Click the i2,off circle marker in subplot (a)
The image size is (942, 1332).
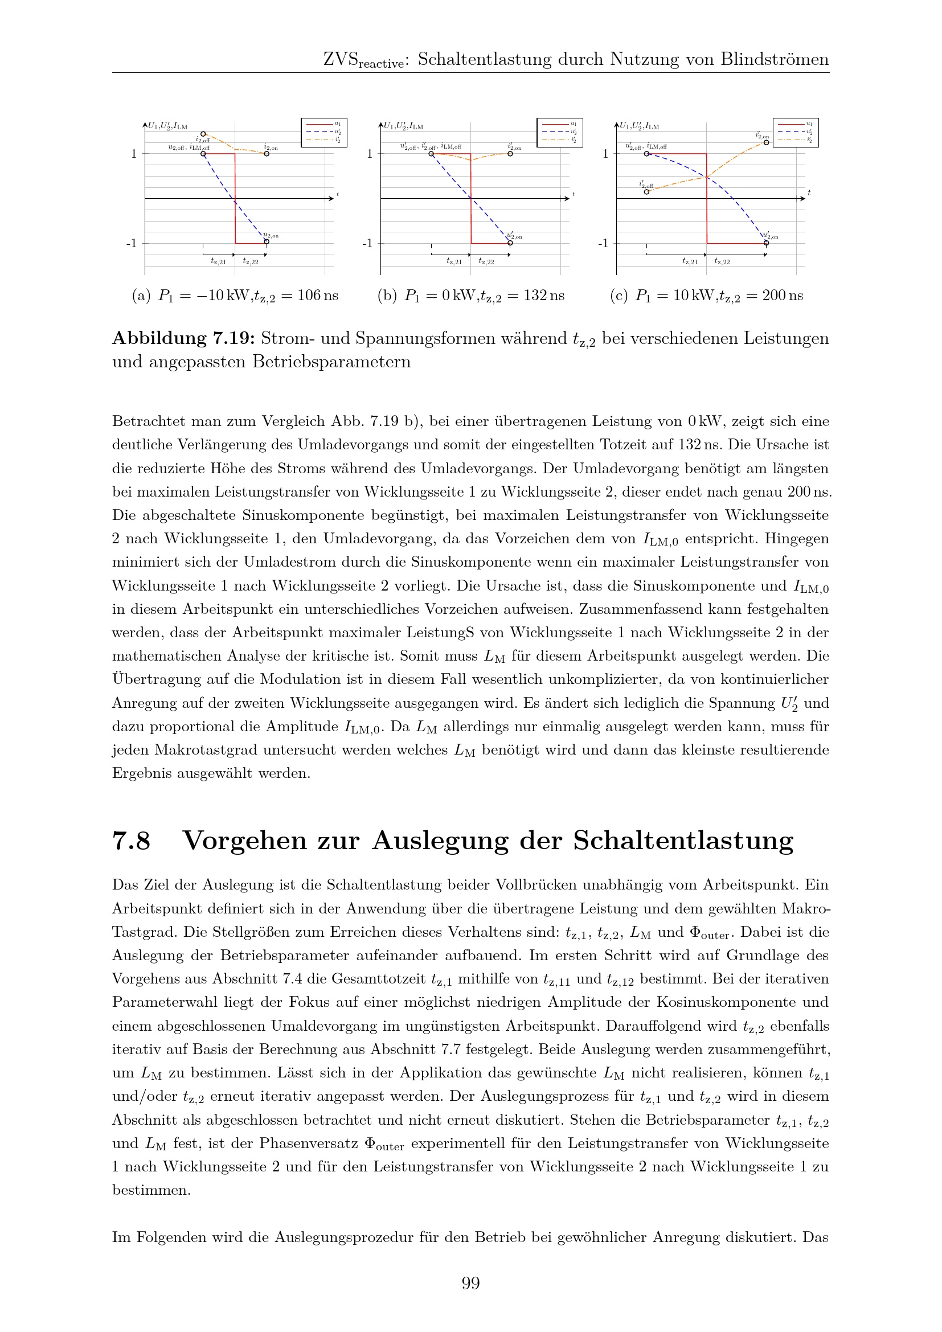pyautogui.click(x=203, y=134)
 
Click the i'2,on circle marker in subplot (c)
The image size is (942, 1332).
pyautogui.click(x=766, y=142)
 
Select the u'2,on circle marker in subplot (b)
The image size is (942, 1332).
pyautogui.click(x=510, y=243)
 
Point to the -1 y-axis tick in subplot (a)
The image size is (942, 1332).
pyautogui.click(x=132, y=243)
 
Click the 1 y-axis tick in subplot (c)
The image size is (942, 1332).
pyautogui.click(x=605, y=154)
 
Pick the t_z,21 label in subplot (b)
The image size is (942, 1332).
pyautogui.click(x=454, y=262)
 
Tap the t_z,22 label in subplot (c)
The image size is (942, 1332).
pyautogui.click(x=722, y=262)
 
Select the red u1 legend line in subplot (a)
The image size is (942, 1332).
pyautogui.click(x=317, y=124)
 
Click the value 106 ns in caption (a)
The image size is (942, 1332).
pyautogui.click(x=317, y=296)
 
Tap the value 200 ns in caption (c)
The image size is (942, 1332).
pyautogui.click(x=783, y=296)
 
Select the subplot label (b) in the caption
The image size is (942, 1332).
pyautogui.click(x=387, y=296)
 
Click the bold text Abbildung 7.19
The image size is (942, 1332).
pyautogui.click(x=183, y=338)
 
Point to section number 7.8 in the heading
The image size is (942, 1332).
pyautogui.click(x=131, y=841)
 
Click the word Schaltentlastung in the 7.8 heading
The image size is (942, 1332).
pyautogui.click(x=683, y=841)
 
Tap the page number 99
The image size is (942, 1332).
pyautogui.click(x=470, y=1282)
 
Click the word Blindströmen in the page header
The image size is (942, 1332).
pyautogui.click(x=775, y=59)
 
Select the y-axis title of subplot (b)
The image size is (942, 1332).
pyautogui.click(x=403, y=126)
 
